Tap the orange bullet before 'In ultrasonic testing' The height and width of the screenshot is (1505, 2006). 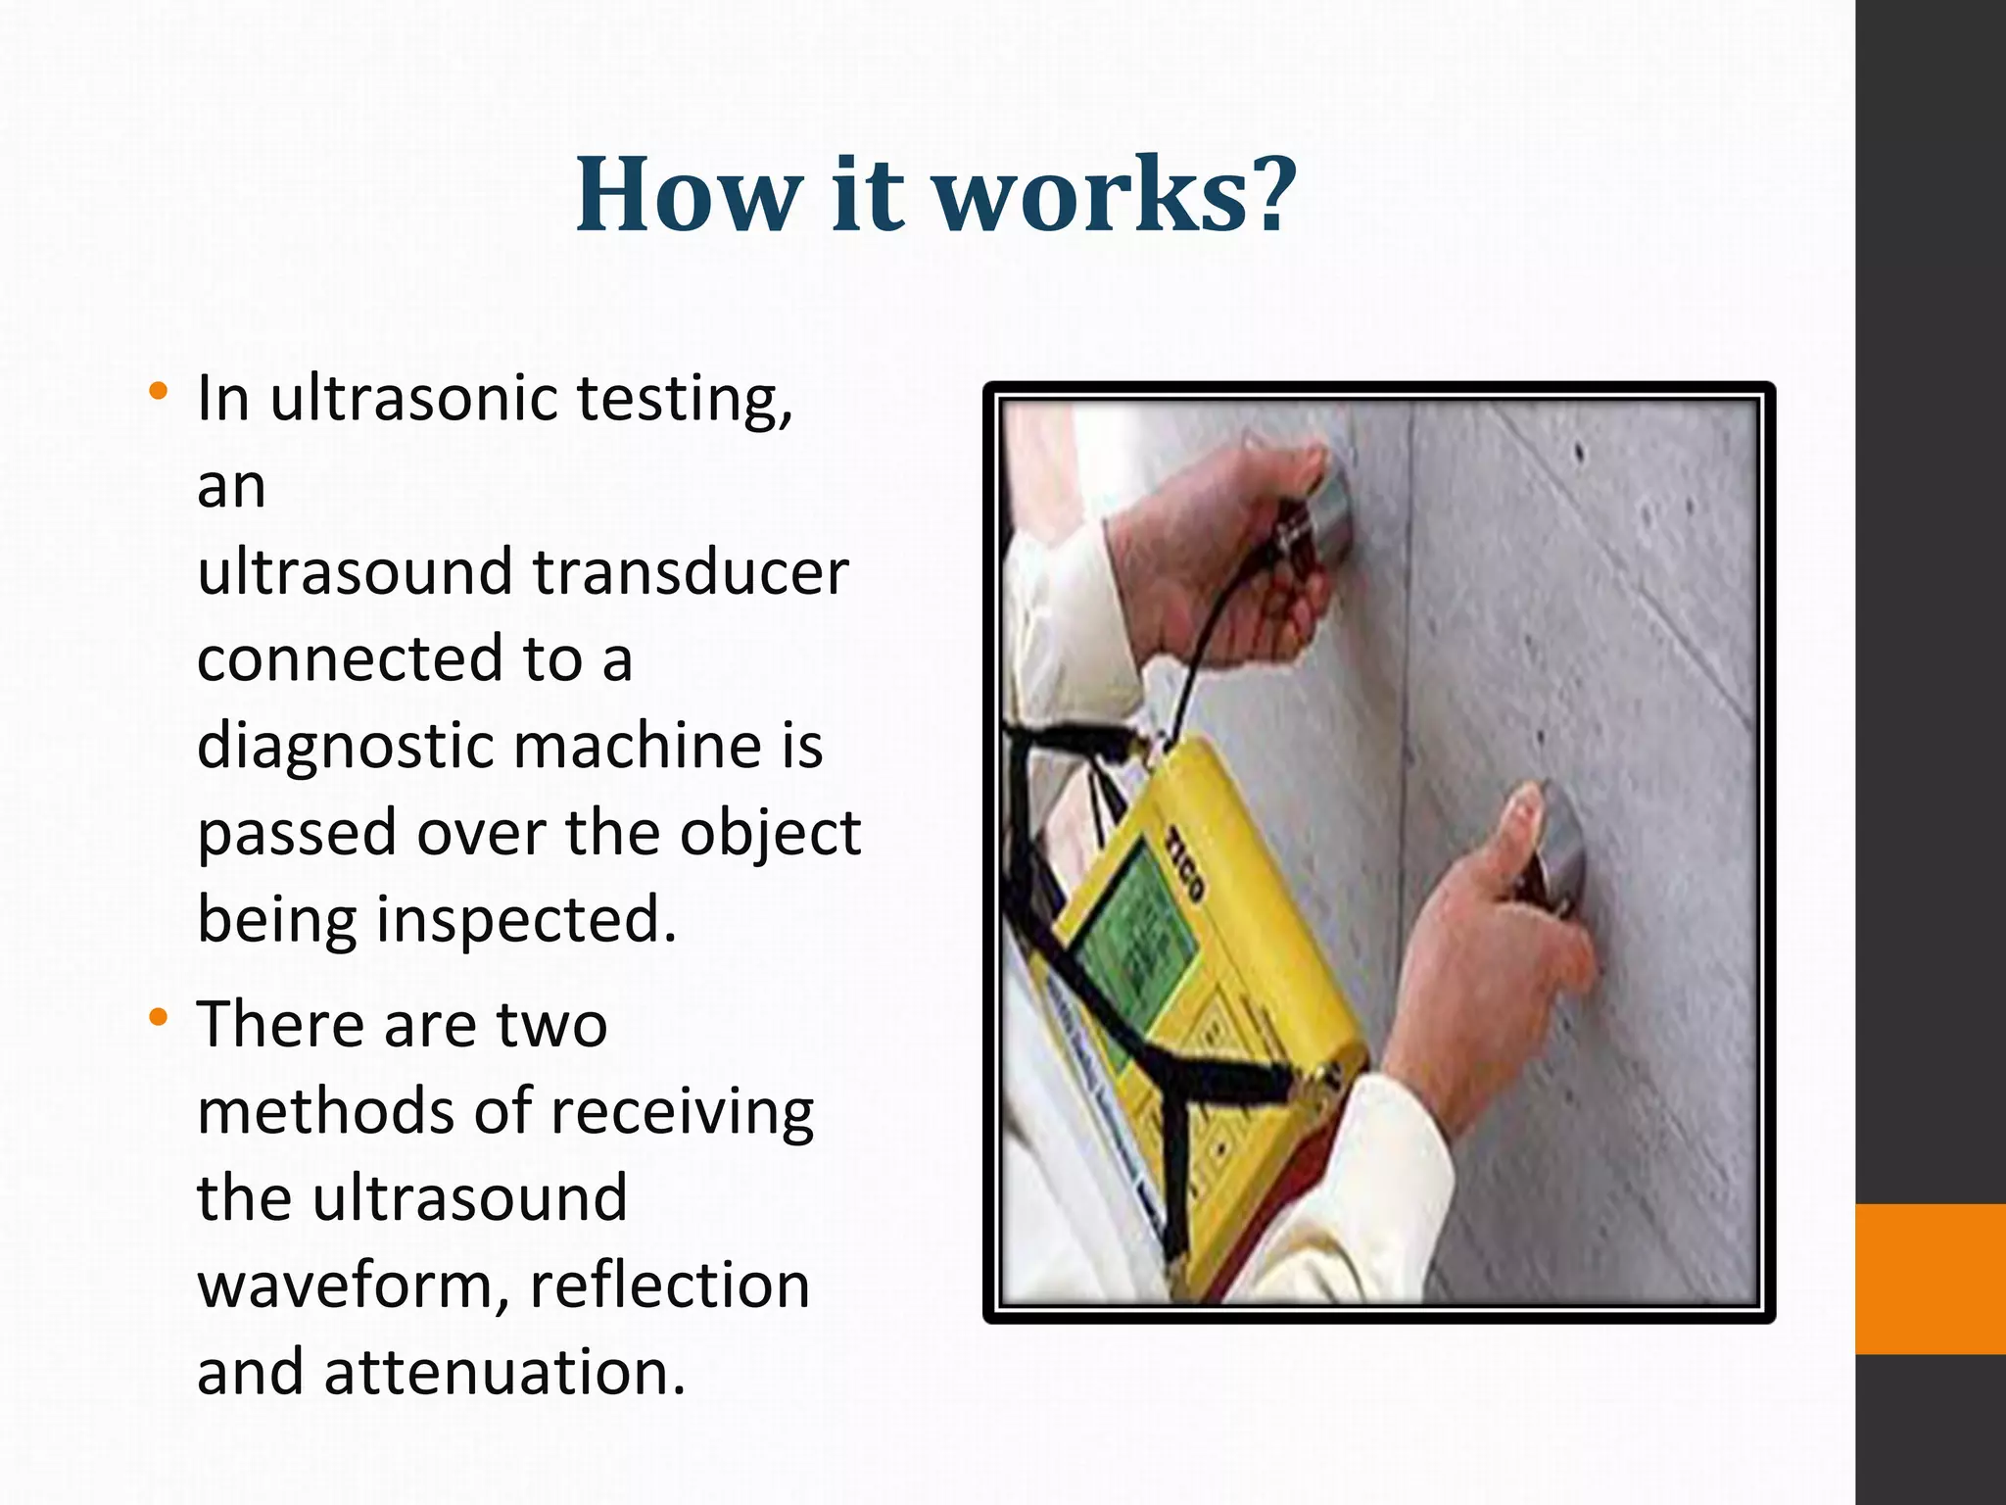[x=157, y=393]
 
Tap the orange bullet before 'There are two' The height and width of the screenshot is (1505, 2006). [x=157, y=1019]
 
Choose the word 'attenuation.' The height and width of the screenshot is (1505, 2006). [x=505, y=1372]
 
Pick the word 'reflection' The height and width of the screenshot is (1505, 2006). [x=670, y=1286]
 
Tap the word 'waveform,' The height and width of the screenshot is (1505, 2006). [x=354, y=1286]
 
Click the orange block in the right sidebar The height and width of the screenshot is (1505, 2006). [x=1930, y=1278]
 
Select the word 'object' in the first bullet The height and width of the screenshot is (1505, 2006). [x=770, y=834]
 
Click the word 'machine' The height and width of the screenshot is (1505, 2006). [x=638, y=747]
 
